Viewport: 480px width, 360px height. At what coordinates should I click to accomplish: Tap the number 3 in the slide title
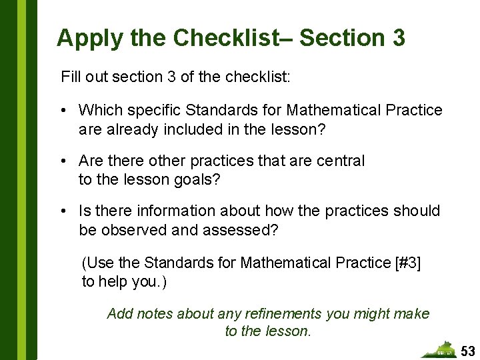click(x=397, y=37)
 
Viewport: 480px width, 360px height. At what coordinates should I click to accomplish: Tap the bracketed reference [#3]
click(x=407, y=263)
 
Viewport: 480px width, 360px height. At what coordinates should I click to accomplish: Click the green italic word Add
click(x=120, y=313)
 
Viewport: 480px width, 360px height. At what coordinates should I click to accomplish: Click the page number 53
click(x=469, y=351)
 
